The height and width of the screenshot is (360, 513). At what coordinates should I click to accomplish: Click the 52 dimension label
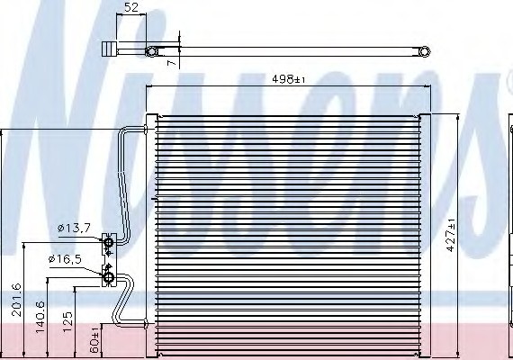pos(131,7)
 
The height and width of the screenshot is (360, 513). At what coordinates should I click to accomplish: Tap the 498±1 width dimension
pos(288,79)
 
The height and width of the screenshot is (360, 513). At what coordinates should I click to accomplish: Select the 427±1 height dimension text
pos(451,235)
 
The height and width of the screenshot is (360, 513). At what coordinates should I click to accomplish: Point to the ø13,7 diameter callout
pos(74,228)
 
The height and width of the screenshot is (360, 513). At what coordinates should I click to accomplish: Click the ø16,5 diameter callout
pos(65,259)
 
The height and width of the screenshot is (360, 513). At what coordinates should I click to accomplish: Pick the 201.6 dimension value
pos(16,300)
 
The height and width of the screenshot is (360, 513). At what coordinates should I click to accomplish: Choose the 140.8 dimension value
pos(40,317)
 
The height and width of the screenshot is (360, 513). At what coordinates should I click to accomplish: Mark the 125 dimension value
pos(67,322)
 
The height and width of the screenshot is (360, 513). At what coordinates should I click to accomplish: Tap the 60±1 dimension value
pos(94,339)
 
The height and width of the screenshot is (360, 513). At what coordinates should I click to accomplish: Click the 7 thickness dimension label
pos(171,62)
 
